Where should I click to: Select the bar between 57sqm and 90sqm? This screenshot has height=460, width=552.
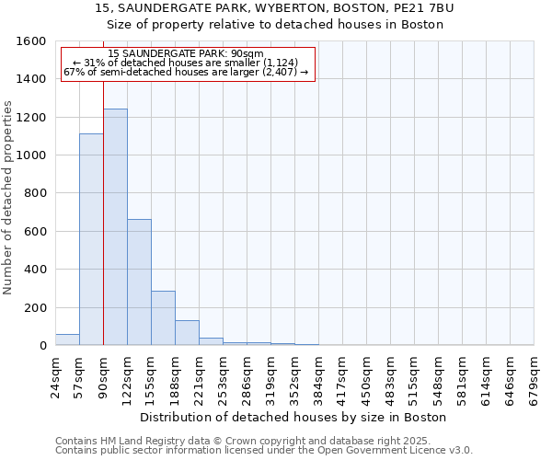[x=91, y=239]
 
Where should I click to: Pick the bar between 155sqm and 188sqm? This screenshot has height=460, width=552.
[x=163, y=318]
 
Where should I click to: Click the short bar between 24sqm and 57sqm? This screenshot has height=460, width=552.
[x=67, y=339]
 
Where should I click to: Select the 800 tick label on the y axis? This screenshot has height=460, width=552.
[x=35, y=193]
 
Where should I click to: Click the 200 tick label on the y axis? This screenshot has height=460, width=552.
[x=35, y=307]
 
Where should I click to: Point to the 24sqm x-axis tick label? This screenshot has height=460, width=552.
[x=55, y=376]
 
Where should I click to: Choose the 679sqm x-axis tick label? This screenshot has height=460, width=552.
[x=534, y=376]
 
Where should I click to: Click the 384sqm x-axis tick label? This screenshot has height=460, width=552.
[x=318, y=376]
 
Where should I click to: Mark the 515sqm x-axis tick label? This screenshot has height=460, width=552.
[x=414, y=376]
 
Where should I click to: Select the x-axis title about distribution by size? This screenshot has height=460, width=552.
[x=294, y=417]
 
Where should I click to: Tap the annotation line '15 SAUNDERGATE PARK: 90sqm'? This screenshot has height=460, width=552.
[x=186, y=54]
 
